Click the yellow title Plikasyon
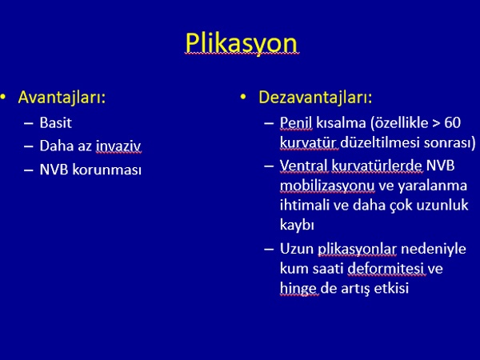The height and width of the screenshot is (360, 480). (x=242, y=43)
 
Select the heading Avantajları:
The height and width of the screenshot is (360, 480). (x=62, y=98)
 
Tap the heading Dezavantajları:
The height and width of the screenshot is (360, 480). (x=315, y=98)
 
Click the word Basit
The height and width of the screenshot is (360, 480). (x=56, y=122)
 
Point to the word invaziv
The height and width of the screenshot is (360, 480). (x=118, y=146)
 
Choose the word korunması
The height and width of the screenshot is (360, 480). (x=107, y=170)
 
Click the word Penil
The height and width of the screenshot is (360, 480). (x=296, y=123)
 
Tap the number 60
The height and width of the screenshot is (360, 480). (x=453, y=122)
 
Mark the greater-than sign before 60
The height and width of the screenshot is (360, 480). (x=436, y=123)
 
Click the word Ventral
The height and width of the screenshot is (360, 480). (x=304, y=166)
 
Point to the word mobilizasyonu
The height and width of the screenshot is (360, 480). (x=327, y=186)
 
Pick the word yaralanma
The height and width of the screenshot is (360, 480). (x=432, y=186)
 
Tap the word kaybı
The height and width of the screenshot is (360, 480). (x=297, y=225)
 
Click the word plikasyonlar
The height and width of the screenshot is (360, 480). (x=357, y=249)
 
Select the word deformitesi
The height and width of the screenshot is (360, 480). (x=386, y=269)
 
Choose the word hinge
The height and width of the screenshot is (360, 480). (x=298, y=289)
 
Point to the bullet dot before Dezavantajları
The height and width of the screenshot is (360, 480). (x=243, y=97)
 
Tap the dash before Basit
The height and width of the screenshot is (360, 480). (x=29, y=123)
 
